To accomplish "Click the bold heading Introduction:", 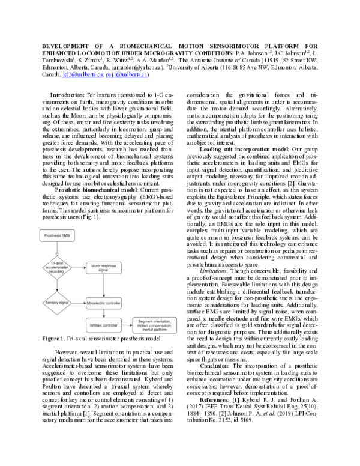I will tap(67, 95).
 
